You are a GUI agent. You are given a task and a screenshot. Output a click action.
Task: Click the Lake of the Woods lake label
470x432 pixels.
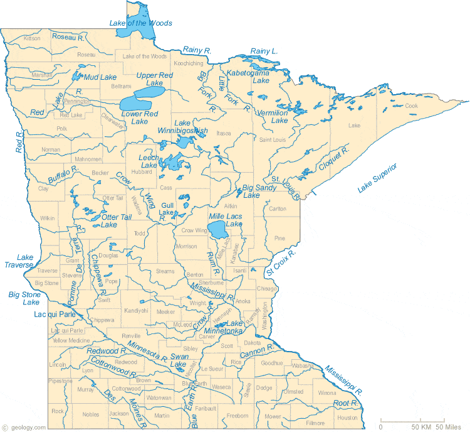pos(140,23)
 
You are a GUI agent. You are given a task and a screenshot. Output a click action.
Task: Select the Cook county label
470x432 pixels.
pos(411,105)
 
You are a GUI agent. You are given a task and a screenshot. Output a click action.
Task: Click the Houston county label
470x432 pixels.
pos(347,418)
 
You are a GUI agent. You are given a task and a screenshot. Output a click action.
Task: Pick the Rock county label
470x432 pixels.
pos(58,411)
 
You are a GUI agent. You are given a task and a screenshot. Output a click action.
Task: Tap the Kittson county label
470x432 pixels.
pos(32,38)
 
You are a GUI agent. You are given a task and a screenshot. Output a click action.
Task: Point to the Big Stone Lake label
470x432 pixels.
pos(24,298)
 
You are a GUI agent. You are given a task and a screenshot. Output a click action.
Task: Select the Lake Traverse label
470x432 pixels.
pos(25,261)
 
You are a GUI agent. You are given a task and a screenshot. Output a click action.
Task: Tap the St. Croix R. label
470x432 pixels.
pos(279,263)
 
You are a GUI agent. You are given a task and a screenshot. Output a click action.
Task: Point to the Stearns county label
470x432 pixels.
pos(165,271)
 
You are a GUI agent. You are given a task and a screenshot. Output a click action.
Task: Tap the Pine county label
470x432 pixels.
pos(279,238)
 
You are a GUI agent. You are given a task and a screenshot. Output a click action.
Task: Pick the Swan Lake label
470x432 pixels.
pos(179,360)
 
